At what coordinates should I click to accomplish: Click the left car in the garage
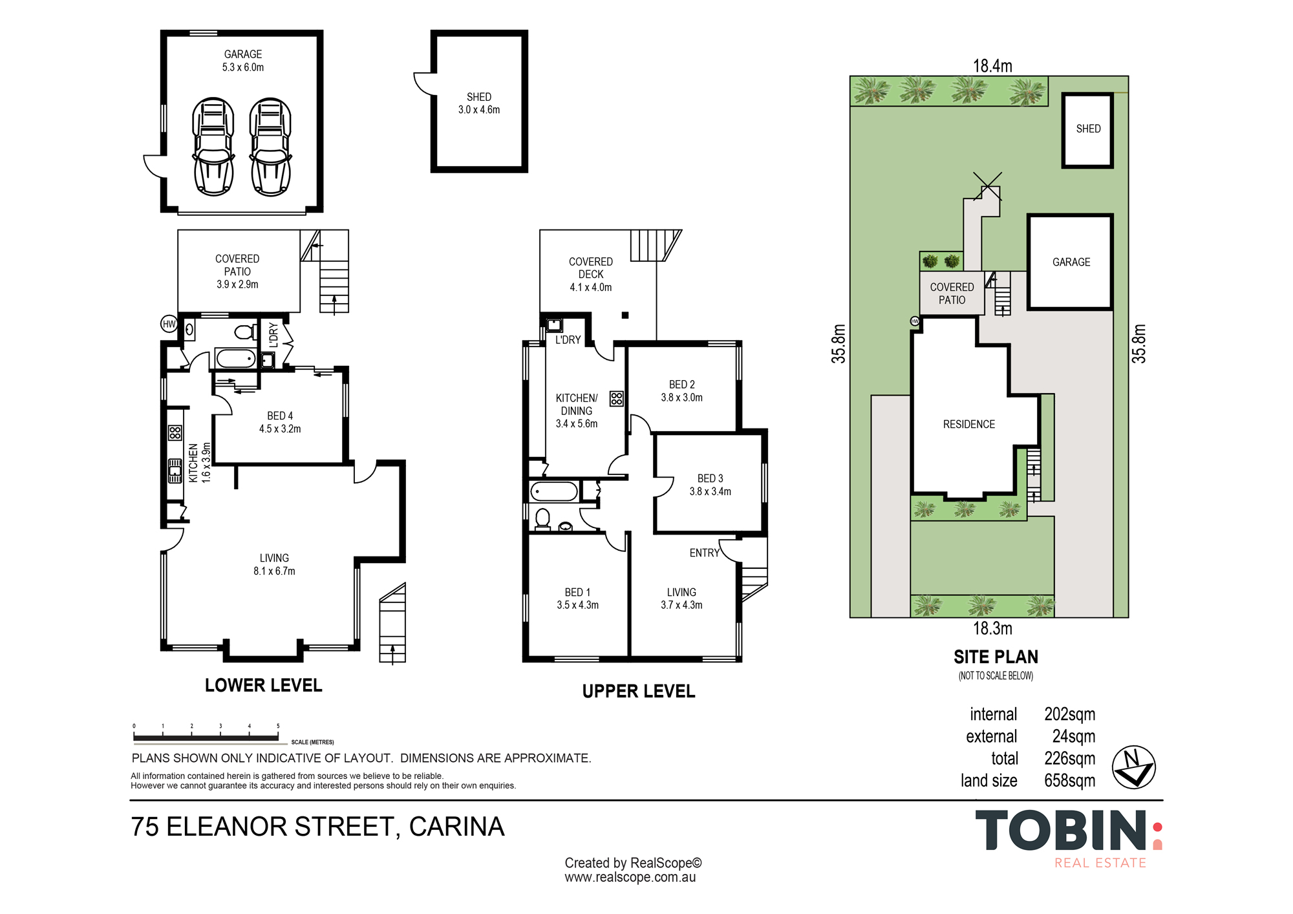coord(213,147)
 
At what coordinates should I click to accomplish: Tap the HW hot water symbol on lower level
coord(169,324)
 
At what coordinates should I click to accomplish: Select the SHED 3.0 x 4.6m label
coord(479,103)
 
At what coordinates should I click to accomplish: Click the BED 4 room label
coord(280,416)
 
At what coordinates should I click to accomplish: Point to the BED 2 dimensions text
coord(681,398)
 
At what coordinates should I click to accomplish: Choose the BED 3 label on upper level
coord(710,478)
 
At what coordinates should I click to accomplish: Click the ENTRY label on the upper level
coord(704,553)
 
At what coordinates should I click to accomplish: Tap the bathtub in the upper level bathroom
coord(554,492)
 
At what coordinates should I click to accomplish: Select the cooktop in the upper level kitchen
coord(617,398)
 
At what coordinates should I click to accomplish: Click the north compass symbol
coord(1133,767)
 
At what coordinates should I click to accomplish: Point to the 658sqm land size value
coord(1070,780)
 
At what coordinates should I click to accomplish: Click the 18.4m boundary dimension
coord(992,66)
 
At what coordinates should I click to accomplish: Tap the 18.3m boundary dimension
coord(992,628)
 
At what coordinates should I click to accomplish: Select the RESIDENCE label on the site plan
coord(968,424)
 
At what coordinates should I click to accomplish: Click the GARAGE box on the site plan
coord(1071,262)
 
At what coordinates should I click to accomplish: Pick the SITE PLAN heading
coord(996,657)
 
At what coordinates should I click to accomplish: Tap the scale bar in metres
coord(206,737)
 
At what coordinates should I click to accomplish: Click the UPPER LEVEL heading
coord(639,691)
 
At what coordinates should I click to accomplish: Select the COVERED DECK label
coord(590,268)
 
